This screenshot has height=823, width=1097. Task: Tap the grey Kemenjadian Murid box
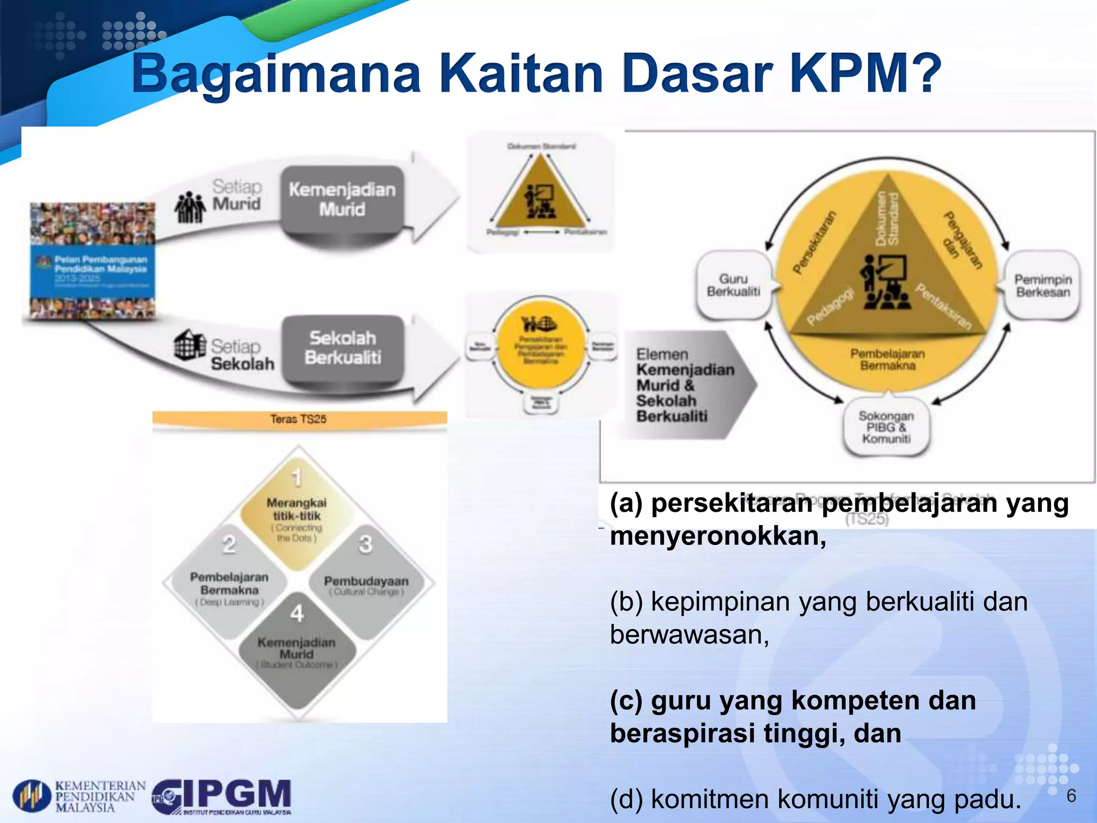pos(342,199)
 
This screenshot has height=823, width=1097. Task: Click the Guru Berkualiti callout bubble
pos(733,286)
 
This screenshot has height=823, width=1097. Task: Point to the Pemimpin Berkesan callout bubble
pos(1042,286)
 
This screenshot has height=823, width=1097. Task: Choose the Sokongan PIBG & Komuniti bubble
pos(886,428)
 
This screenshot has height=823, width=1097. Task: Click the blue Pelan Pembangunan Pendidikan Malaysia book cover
pos(93,261)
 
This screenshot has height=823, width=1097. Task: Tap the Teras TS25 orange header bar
pos(299,419)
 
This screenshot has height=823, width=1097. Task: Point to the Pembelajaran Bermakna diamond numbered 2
pos(229,584)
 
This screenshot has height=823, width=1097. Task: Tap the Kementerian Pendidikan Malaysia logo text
pos(100,796)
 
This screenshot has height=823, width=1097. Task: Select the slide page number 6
pos(1071,796)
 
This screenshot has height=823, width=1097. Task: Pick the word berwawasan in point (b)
pos(689,635)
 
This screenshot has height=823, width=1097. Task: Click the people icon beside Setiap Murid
pos(190,208)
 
